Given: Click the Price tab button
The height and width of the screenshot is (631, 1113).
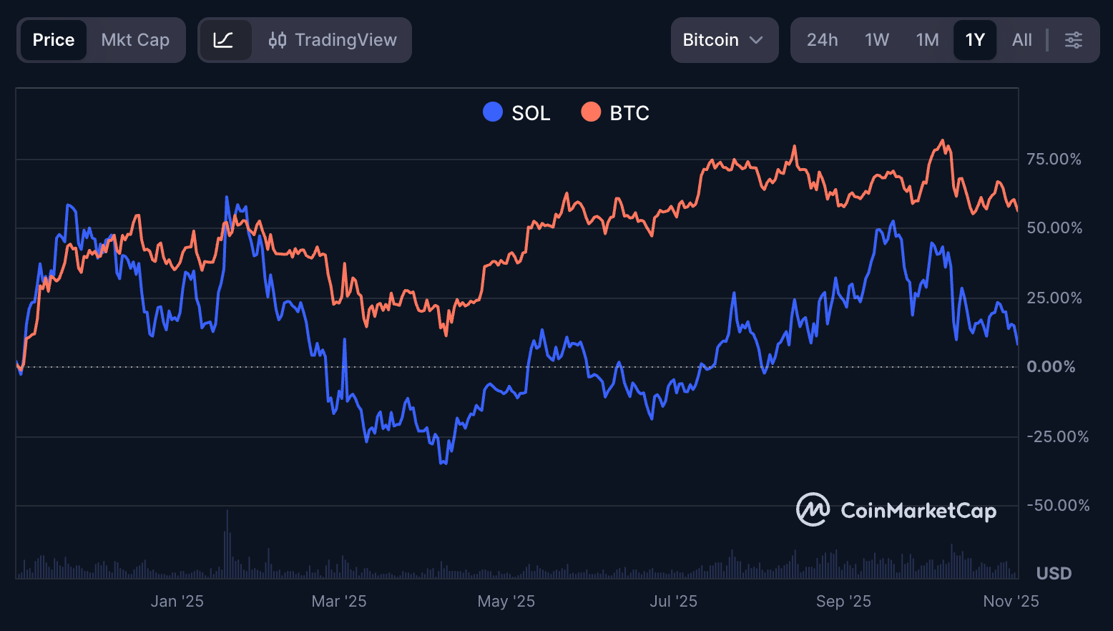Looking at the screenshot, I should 54,40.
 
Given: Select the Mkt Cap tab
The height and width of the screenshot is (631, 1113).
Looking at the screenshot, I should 135,40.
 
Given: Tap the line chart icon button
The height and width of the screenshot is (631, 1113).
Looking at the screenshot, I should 224,40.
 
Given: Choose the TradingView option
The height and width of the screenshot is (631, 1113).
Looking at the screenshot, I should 333,40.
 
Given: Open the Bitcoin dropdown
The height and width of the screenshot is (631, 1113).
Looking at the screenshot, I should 724,40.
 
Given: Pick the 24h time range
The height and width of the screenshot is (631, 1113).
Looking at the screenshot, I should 822,40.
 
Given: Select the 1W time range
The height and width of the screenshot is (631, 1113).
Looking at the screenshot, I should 876,40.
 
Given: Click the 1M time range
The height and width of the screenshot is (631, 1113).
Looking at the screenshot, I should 927,40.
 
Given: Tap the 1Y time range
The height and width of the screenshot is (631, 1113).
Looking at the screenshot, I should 975,40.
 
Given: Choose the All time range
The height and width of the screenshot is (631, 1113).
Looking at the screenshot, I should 1021,40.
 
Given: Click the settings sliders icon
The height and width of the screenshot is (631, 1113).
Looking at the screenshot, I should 1073,40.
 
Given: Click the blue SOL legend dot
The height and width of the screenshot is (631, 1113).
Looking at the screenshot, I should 493,112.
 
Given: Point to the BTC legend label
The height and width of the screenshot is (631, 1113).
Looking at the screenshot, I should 629,113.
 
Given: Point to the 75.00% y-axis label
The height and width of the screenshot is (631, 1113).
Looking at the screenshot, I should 1054,159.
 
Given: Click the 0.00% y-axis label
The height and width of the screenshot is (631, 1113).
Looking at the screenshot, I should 1051,367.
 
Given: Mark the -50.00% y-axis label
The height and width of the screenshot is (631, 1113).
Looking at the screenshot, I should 1058,506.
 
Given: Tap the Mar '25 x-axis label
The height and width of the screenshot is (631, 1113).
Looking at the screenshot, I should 339,602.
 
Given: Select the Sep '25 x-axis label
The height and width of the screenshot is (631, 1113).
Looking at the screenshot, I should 843,602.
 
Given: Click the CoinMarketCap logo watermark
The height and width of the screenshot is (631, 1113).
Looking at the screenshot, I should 896,510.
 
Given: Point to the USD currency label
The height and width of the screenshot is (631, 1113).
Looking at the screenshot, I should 1054,574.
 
